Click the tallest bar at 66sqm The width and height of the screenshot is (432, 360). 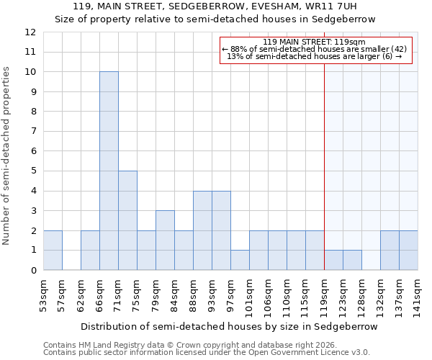click(109, 171)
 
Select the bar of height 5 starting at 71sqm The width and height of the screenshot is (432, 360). click(127, 220)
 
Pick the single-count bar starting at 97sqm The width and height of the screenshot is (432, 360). click(240, 260)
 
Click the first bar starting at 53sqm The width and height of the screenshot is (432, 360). click(53, 250)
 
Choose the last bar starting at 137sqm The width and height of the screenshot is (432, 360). click(408, 250)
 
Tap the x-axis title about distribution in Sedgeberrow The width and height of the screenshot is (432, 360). click(230, 326)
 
